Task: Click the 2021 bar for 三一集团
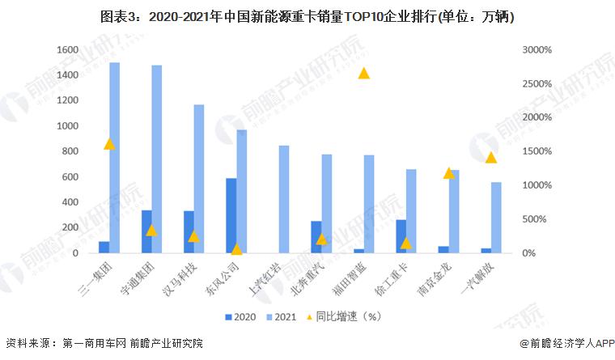point(115,158)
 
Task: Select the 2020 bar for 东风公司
point(231,216)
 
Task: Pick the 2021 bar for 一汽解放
point(496,218)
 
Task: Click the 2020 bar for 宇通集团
point(146,232)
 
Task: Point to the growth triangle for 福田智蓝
point(364,74)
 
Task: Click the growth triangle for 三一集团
point(109,144)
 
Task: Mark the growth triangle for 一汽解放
point(490,157)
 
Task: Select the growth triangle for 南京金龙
point(449,173)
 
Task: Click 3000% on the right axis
point(537,50)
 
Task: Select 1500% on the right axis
point(537,152)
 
